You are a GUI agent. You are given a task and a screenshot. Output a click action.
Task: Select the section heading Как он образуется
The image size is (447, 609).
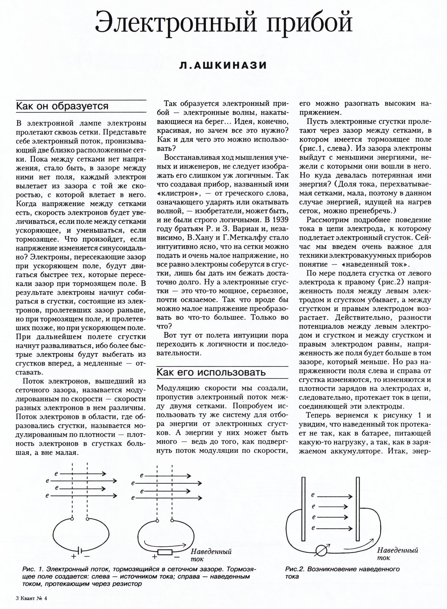tap(62, 106)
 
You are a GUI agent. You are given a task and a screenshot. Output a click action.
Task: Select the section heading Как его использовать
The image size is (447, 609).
tap(211, 372)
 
